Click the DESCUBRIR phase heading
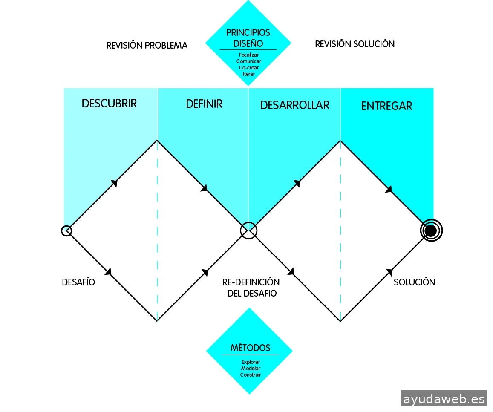click(x=109, y=104)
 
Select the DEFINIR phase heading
click(x=204, y=104)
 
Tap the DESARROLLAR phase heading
click(x=294, y=105)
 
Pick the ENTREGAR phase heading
click(x=386, y=106)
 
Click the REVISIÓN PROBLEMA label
click(x=147, y=46)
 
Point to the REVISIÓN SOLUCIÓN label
click(x=355, y=44)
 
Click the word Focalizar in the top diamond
click(x=249, y=55)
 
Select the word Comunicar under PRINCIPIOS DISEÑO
click(x=249, y=61)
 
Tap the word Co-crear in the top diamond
click(x=249, y=68)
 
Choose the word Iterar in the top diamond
click(x=249, y=74)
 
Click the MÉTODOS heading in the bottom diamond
click(x=250, y=348)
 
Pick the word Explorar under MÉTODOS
click(x=251, y=362)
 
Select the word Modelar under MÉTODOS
click(x=251, y=369)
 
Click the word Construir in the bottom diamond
click(x=251, y=375)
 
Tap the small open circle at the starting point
click(x=66, y=231)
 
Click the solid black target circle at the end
click(x=431, y=231)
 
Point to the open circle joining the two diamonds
click(x=249, y=230)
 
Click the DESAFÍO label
click(x=78, y=282)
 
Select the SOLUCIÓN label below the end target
click(x=414, y=282)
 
